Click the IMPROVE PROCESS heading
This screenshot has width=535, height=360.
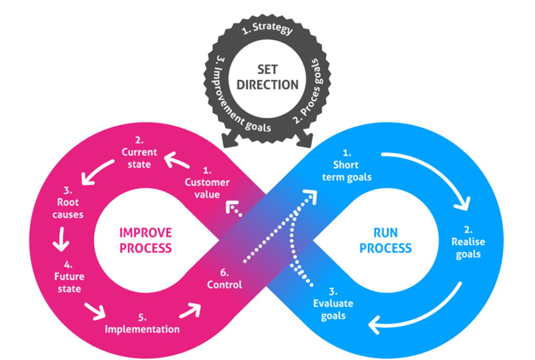(x=145, y=240)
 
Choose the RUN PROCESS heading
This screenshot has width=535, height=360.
(x=385, y=240)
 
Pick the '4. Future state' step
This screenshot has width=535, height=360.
(x=68, y=276)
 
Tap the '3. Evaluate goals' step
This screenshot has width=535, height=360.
(x=333, y=303)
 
